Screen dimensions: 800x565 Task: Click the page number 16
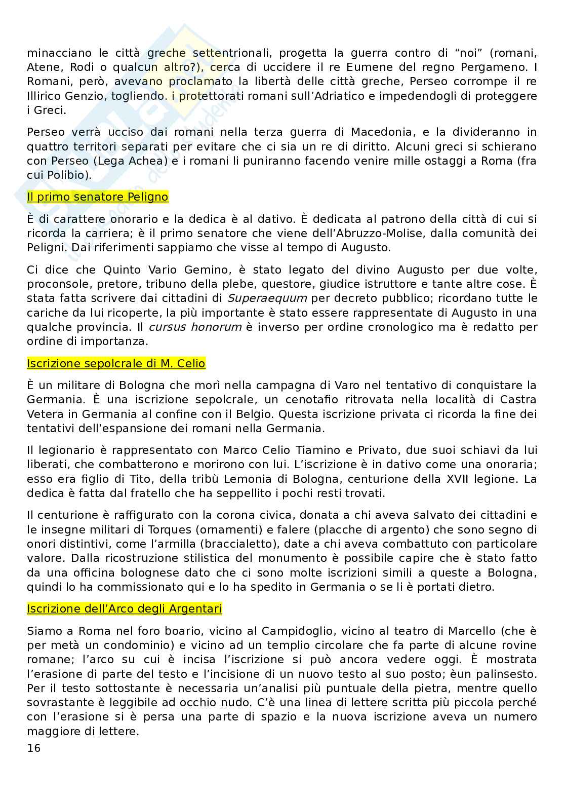click(x=33, y=748)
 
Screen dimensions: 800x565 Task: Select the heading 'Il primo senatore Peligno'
click(x=97, y=197)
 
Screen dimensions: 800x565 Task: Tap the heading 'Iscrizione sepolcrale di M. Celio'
click(x=116, y=363)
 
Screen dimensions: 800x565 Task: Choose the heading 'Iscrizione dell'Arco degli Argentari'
click(x=124, y=608)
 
